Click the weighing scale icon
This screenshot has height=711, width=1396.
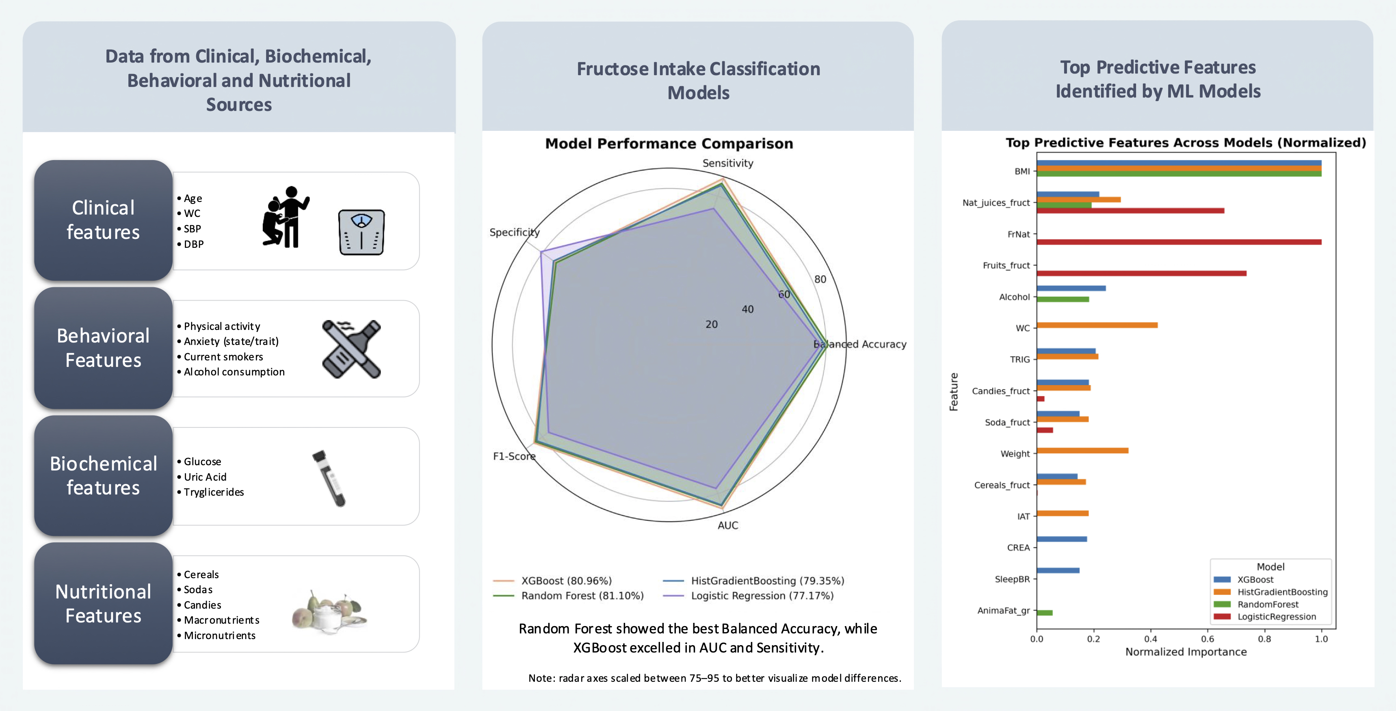click(361, 232)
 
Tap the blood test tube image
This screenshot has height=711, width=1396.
click(329, 478)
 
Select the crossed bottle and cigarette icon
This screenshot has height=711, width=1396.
click(351, 349)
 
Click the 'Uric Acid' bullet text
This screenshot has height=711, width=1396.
click(205, 477)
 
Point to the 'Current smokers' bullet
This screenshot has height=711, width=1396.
click(223, 357)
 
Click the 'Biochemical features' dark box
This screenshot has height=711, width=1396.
click(104, 476)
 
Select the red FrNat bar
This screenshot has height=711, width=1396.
click(1179, 242)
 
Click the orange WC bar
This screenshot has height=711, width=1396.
click(1097, 325)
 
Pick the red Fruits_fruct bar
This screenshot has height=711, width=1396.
click(1141, 273)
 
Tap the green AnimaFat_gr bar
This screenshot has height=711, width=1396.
click(1045, 613)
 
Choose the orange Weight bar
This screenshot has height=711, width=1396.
click(1082, 450)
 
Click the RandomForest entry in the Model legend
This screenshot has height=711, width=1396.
click(1268, 604)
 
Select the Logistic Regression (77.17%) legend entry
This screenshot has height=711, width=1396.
click(762, 596)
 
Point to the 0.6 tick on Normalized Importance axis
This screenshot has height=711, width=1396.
click(1208, 639)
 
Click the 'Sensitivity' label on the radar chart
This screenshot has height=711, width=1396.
click(727, 163)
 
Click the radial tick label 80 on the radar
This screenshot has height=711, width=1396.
click(820, 279)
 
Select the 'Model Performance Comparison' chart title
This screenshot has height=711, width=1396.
click(669, 143)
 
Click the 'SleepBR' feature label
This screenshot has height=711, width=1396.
click(1012, 579)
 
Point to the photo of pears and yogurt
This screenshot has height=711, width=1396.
click(329, 612)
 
